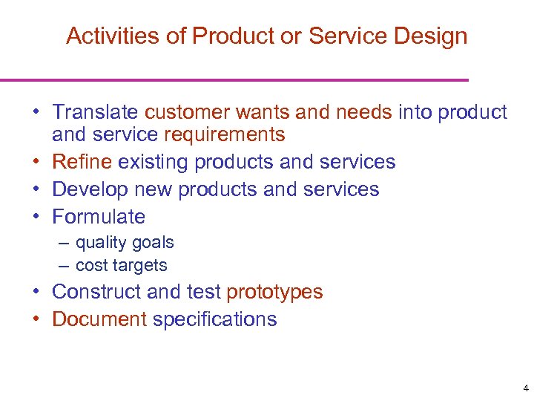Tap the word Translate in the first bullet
pyautogui.click(x=95, y=112)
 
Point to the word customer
pyautogui.click(x=186, y=112)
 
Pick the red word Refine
pyautogui.click(x=82, y=162)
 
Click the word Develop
pyautogui.click(x=90, y=189)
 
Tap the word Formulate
pyautogui.click(x=99, y=217)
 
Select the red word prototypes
pyautogui.click(x=274, y=292)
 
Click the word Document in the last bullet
pyautogui.click(x=99, y=319)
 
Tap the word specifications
pyautogui.click(x=214, y=320)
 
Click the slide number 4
pyautogui.click(x=525, y=388)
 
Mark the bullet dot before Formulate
pyautogui.click(x=36, y=217)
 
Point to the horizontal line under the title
pyautogui.click(x=234, y=79)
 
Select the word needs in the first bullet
pyautogui.click(x=363, y=112)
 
